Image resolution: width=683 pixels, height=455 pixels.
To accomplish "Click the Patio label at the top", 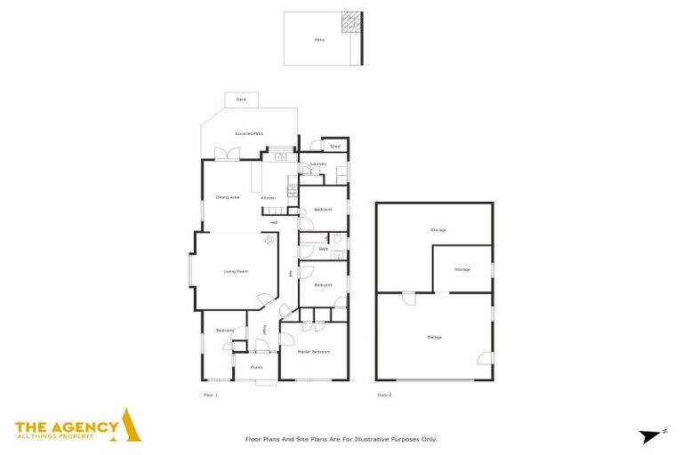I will [319, 39].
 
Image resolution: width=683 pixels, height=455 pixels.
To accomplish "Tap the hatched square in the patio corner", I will [352, 21].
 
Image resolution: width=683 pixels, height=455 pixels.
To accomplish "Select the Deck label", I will [241, 100].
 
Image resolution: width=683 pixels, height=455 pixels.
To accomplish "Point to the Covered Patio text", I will [249, 133].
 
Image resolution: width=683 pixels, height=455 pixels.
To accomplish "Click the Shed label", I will [335, 146].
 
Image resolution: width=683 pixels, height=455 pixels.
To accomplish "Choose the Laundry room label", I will [318, 164].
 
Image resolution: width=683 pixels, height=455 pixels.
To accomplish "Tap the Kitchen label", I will [269, 197].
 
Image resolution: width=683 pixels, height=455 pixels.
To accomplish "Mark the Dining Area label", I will [228, 197].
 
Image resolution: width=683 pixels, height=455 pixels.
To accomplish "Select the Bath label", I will [324, 249].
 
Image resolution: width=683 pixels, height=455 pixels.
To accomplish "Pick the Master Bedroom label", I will [313, 352].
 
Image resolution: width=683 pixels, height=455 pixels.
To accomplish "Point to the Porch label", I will [256, 367].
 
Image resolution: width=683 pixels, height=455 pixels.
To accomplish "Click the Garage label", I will [435, 337].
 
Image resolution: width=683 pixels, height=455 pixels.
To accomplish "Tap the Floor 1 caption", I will [211, 394].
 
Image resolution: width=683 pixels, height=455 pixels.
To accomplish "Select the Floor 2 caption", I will [384, 394].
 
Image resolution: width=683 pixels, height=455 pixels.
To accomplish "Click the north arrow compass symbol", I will [652, 435].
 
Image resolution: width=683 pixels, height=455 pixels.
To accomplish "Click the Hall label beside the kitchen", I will [274, 222].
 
